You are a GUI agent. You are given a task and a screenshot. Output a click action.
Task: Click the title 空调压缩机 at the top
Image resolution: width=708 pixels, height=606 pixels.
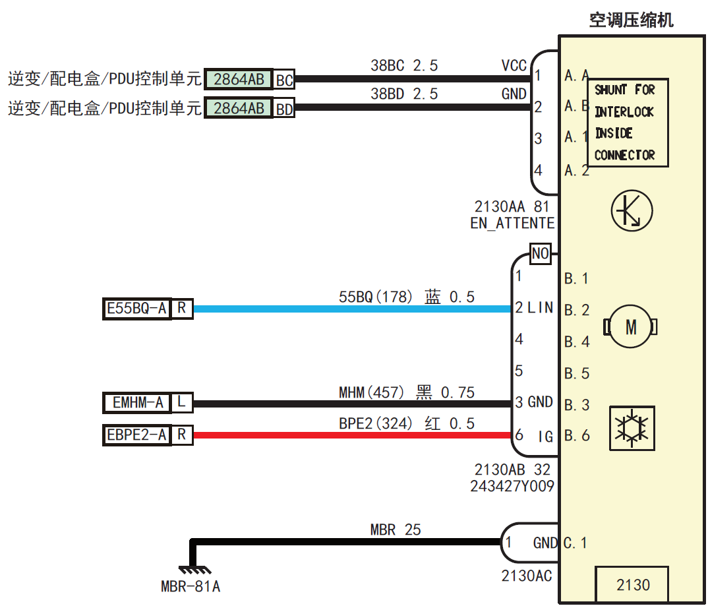click(631, 20)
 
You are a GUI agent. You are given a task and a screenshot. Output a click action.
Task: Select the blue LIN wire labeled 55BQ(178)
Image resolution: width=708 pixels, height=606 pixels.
click(349, 309)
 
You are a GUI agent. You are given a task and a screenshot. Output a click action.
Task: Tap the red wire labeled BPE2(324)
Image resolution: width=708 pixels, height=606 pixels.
click(349, 435)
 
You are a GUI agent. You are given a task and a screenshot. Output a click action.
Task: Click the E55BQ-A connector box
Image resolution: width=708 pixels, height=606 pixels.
click(137, 308)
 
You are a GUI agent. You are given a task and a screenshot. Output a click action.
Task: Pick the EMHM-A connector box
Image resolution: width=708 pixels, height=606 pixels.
click(137, 402)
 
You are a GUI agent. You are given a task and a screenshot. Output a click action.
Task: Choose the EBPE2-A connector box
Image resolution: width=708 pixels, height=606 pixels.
click(137, 435)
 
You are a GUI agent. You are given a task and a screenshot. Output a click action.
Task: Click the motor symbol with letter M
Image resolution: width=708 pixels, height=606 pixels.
click(631, 326)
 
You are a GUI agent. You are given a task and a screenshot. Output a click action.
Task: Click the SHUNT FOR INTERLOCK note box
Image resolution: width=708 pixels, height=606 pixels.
click(626, 123)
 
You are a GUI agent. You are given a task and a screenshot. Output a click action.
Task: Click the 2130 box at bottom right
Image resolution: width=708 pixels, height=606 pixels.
click(632, 584)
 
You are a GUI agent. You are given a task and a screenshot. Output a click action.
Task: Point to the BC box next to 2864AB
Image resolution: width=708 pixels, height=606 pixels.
click(284, 80)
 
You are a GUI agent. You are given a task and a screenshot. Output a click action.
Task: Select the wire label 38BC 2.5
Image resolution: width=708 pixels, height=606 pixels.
click(403, 66)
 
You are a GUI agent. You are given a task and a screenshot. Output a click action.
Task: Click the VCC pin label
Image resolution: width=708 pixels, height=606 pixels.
click(514, 66)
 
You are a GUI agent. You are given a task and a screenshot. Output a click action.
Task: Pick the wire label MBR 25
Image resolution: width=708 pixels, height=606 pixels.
click(395, 530)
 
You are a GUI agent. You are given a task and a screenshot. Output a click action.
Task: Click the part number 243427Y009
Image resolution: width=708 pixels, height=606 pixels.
click(512, 487)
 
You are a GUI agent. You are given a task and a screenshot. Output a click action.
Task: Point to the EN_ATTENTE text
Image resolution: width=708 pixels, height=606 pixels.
click(512, 223)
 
